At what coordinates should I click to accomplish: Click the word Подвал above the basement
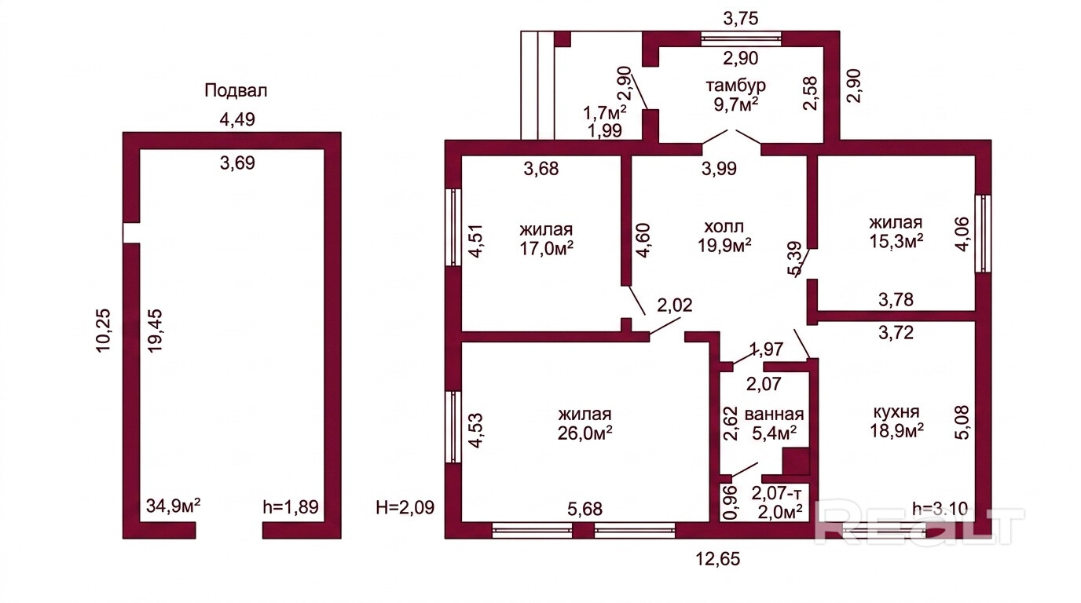(236, 91)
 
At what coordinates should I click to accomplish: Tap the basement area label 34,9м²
(174, 506)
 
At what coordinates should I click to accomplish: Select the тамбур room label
(736, 86)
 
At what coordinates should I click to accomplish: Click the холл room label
(724, 226)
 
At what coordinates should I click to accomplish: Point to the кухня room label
(896, 412)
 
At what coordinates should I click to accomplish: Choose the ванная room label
(774, 415)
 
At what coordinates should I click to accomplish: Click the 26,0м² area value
(585, 433)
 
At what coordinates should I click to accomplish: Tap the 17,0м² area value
(546, 247)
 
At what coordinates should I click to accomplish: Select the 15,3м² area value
(896, 242)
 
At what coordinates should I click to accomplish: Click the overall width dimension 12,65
(717, 559)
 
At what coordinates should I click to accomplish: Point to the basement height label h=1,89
(291, 507)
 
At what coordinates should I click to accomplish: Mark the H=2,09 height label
(405, 507)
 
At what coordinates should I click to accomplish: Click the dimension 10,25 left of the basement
(104, 331)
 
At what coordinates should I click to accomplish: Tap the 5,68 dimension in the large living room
(585, 509)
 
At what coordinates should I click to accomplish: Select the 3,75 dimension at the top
(741, 18)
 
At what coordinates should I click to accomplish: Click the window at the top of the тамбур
(742, 38)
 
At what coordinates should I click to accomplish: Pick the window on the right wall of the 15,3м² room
(983, 233)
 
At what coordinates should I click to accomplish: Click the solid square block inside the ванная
(796, 462)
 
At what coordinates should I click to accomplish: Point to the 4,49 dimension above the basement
(237, 119)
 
